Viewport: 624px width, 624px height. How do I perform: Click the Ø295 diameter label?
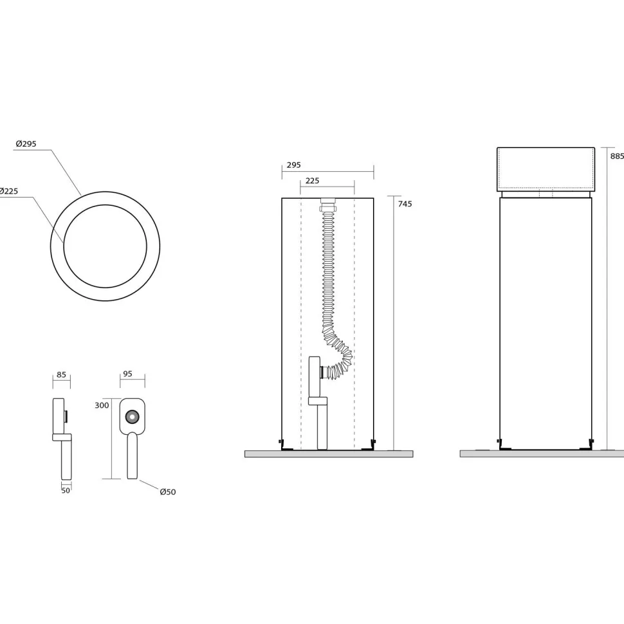click(x=26, y=144)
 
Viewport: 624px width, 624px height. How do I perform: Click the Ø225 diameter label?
click(x=9, y=191)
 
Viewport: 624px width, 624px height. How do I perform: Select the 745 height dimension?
click(x=405, y=204)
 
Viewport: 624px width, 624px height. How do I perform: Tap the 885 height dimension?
click(x=617, y=156)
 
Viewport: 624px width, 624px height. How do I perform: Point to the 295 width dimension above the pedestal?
click(x=294, y=165)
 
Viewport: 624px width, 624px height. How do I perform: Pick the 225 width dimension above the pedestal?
click(x=312, y=181)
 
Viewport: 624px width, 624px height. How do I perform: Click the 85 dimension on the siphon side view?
click(x=61, y=374)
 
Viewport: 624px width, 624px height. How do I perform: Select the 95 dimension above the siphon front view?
click(x=127, y=374)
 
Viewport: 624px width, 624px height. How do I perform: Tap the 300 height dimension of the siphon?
click(x=102, y=405)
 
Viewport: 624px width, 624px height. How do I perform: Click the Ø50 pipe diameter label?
click(x=167, y=492)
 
